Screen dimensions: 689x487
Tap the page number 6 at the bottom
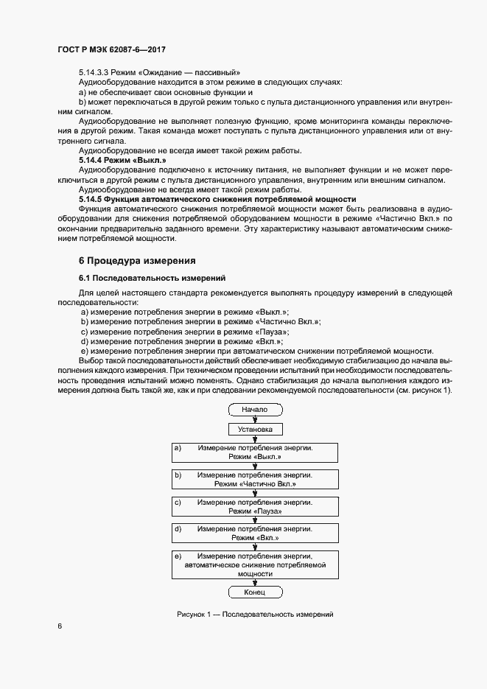tap(60, 626)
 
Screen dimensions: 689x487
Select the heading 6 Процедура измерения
tap(136, 261)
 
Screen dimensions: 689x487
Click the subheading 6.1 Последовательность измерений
tap(152, 278)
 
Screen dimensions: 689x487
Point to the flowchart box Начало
tap(254, 409)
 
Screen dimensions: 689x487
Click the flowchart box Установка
tap(255, 428)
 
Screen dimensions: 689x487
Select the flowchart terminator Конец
tap(254, 592)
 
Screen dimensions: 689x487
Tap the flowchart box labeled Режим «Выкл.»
tap(254, 452)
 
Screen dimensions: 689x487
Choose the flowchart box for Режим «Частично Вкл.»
tap(254, 479)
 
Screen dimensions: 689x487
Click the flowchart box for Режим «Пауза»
tap(254, 506)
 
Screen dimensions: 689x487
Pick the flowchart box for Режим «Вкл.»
tap(254, 534)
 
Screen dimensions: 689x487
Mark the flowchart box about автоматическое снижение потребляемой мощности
tap(254, 564)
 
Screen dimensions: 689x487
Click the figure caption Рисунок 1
tap(256, 614)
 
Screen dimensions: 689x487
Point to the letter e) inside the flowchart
tap(178, 556)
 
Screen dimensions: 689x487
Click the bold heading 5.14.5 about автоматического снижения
tap(217, 200)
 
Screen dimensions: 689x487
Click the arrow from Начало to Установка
tap(255, 418)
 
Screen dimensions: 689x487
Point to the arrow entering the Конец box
tap(255, 582)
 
